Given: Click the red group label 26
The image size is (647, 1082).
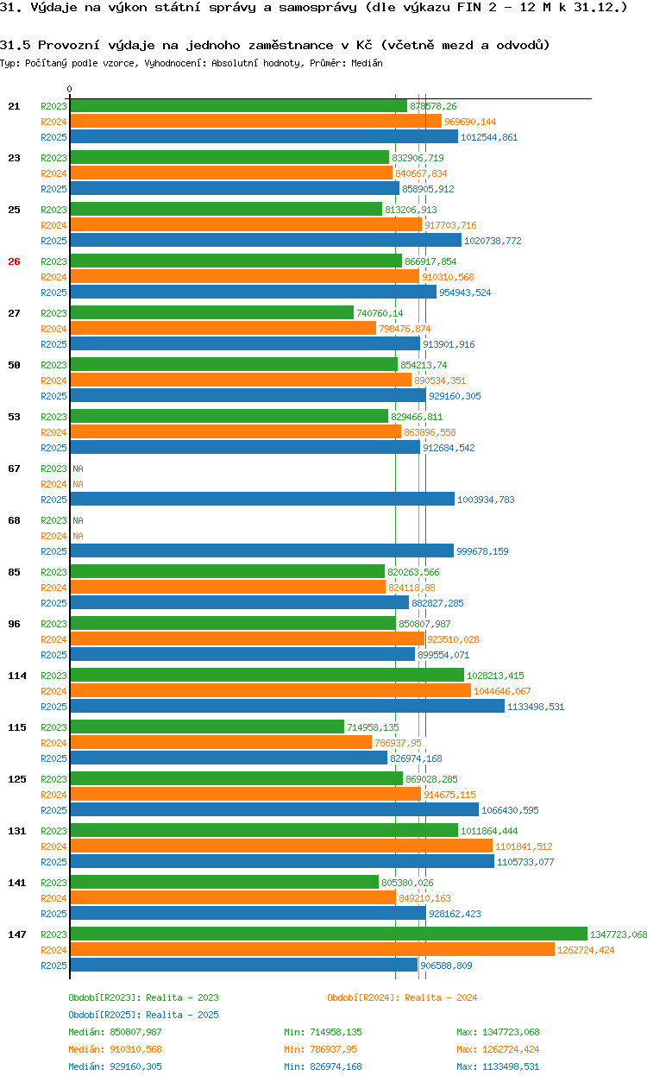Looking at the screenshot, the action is [14, 261].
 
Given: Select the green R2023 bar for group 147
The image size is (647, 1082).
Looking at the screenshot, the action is [329, 934].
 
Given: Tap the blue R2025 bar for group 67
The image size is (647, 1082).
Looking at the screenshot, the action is [262, 499].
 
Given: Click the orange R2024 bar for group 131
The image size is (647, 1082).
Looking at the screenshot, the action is [281, 846].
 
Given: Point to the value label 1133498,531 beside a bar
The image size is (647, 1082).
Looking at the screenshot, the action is [536, 707].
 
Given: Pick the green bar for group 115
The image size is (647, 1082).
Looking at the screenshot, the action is [207, 727].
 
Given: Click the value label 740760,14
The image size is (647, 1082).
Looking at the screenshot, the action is [380, 313].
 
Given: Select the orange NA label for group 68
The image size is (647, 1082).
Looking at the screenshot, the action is [78, 536].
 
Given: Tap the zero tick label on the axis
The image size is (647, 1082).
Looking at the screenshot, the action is [70, 89].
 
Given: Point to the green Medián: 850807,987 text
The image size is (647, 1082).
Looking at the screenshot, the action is [115, 1032].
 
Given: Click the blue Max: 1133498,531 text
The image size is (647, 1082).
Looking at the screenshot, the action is [498, 1066].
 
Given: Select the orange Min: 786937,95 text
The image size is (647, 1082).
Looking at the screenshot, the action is [320, 1049].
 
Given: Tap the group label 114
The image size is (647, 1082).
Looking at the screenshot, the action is [17, 676].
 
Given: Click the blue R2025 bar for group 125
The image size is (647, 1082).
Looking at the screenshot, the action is [274, 809].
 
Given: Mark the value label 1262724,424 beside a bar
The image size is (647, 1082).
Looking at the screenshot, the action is [586, 950].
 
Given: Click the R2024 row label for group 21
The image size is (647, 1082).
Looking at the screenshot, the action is [53, 122].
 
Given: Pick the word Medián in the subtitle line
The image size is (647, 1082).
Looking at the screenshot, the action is [367, 63].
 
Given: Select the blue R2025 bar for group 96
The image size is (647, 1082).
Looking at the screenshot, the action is [242, 654].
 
